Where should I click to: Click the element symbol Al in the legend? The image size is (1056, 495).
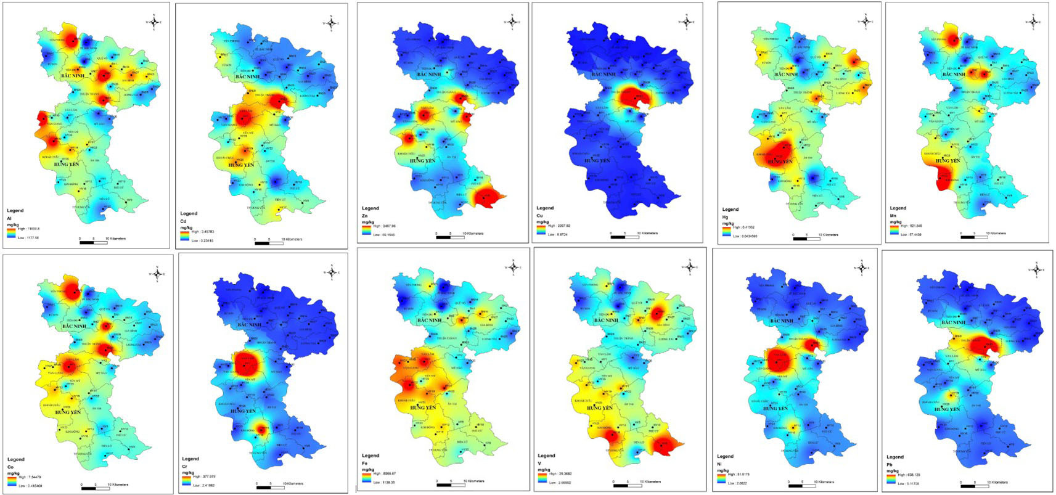[x=9, y=218]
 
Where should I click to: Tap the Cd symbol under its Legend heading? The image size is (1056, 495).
[x=183, y=221]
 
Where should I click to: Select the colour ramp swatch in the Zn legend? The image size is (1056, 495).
[x=367, y=230]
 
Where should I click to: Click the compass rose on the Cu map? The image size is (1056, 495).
[x=685, y=22]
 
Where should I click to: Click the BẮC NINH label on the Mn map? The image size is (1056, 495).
[x=954, y=74]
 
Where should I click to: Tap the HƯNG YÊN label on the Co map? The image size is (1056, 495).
[x=68, y=412]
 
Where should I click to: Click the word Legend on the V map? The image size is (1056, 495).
[x=546, y=456]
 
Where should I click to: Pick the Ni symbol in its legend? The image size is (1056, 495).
[x=719, y=464]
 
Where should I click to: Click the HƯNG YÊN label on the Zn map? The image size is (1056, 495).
[x=423, y=160]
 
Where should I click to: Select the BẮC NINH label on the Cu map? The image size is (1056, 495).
[x=604, y=74]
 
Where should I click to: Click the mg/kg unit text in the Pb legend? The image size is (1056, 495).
[x=893, y=470]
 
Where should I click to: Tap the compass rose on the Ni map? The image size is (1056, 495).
[x=861, y=268]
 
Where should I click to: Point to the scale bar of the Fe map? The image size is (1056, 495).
[x=450, y=485]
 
